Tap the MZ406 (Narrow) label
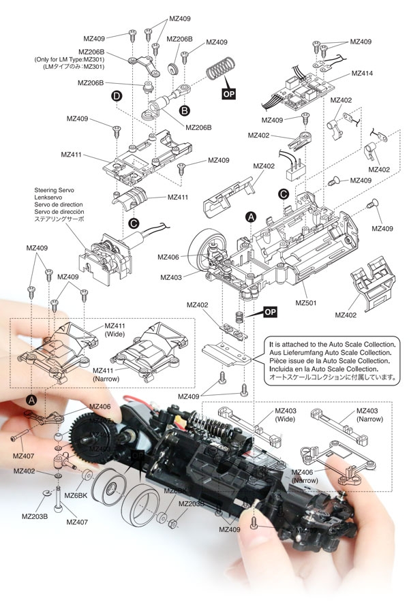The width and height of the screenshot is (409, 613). [305, 477]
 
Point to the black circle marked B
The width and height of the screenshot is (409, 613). [183, 109]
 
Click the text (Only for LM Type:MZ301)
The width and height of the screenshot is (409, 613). [69, 59]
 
